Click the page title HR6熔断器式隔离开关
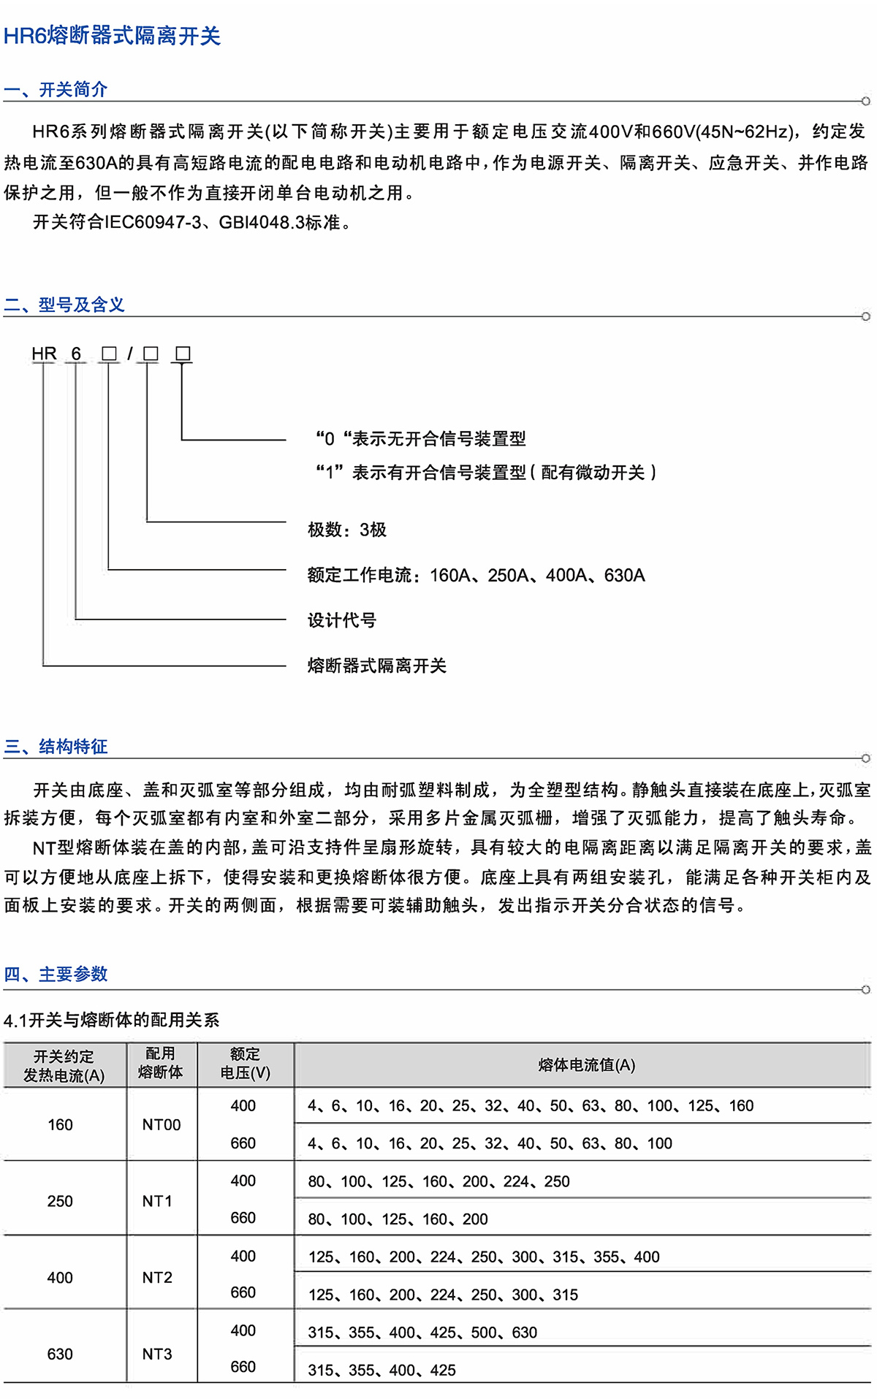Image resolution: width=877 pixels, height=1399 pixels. point(112,36)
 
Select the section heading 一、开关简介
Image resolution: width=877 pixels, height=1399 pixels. point(56,89)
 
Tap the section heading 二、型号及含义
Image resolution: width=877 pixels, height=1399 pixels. point(64,305)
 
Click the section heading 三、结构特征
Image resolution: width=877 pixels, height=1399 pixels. point(56,746)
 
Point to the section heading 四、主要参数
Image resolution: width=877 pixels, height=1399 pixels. point(56,974)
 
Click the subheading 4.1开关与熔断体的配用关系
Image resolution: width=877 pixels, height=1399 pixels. point(111,1020)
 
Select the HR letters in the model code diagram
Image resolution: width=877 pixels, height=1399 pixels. point(44,354)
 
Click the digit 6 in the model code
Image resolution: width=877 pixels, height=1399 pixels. point(76,354)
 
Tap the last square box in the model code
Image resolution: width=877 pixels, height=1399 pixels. point(183,354)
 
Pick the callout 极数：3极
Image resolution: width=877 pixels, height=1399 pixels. point(347,530)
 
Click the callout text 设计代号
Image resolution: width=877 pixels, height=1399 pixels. point(342,620)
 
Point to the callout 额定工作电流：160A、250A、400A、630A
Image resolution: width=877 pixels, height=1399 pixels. point(476,575)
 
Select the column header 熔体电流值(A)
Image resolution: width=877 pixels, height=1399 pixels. point(586,1065)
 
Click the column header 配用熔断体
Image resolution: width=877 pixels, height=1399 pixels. point(160,1063)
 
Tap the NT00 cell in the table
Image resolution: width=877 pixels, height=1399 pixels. point(162,1124)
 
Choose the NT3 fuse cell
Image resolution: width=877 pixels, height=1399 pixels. point(157,1354)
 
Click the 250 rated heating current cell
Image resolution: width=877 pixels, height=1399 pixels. point(60,1201)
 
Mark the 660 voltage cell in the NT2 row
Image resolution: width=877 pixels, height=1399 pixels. point(243,1292)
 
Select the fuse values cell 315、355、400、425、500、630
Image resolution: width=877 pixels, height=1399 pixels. point(422,1333)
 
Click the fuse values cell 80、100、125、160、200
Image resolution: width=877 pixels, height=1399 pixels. point(398,1219)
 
